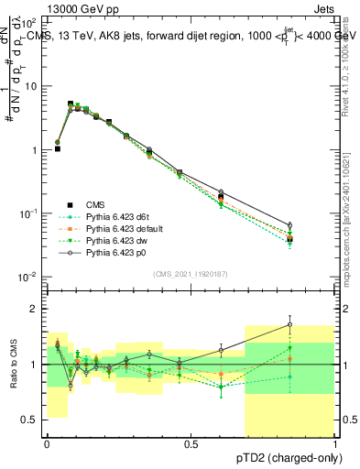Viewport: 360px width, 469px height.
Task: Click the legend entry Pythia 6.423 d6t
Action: (x=114, y=217)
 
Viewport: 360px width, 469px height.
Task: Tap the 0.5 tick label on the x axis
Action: (x=190, y=444)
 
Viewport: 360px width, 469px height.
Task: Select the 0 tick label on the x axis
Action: (x=47, y=444)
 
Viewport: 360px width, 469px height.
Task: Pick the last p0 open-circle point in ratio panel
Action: (x=290, y=324)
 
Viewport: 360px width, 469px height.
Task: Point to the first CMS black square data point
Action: (x=58, y=147)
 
